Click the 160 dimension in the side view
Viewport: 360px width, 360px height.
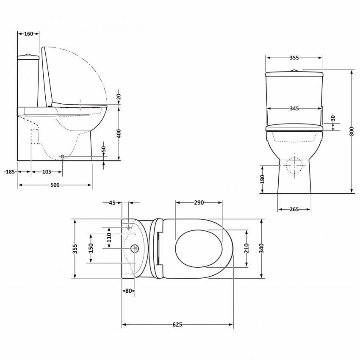coord(28,34)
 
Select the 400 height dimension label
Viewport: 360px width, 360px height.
coord(119,133)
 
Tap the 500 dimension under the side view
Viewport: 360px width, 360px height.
coord(55,185)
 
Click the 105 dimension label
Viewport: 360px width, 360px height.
coord(47,172)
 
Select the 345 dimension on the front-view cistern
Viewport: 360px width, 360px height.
coord(294,108)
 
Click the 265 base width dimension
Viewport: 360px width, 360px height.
coord(294,209)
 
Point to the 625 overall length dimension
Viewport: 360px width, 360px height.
coord(177,325)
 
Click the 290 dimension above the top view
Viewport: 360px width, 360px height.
coord(199,202)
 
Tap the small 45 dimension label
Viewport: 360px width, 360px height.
coord(112,203)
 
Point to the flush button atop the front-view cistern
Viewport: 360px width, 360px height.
coord(294,70)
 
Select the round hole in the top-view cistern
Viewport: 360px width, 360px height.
coord(136,248)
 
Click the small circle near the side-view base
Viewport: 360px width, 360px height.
coord(63,157)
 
